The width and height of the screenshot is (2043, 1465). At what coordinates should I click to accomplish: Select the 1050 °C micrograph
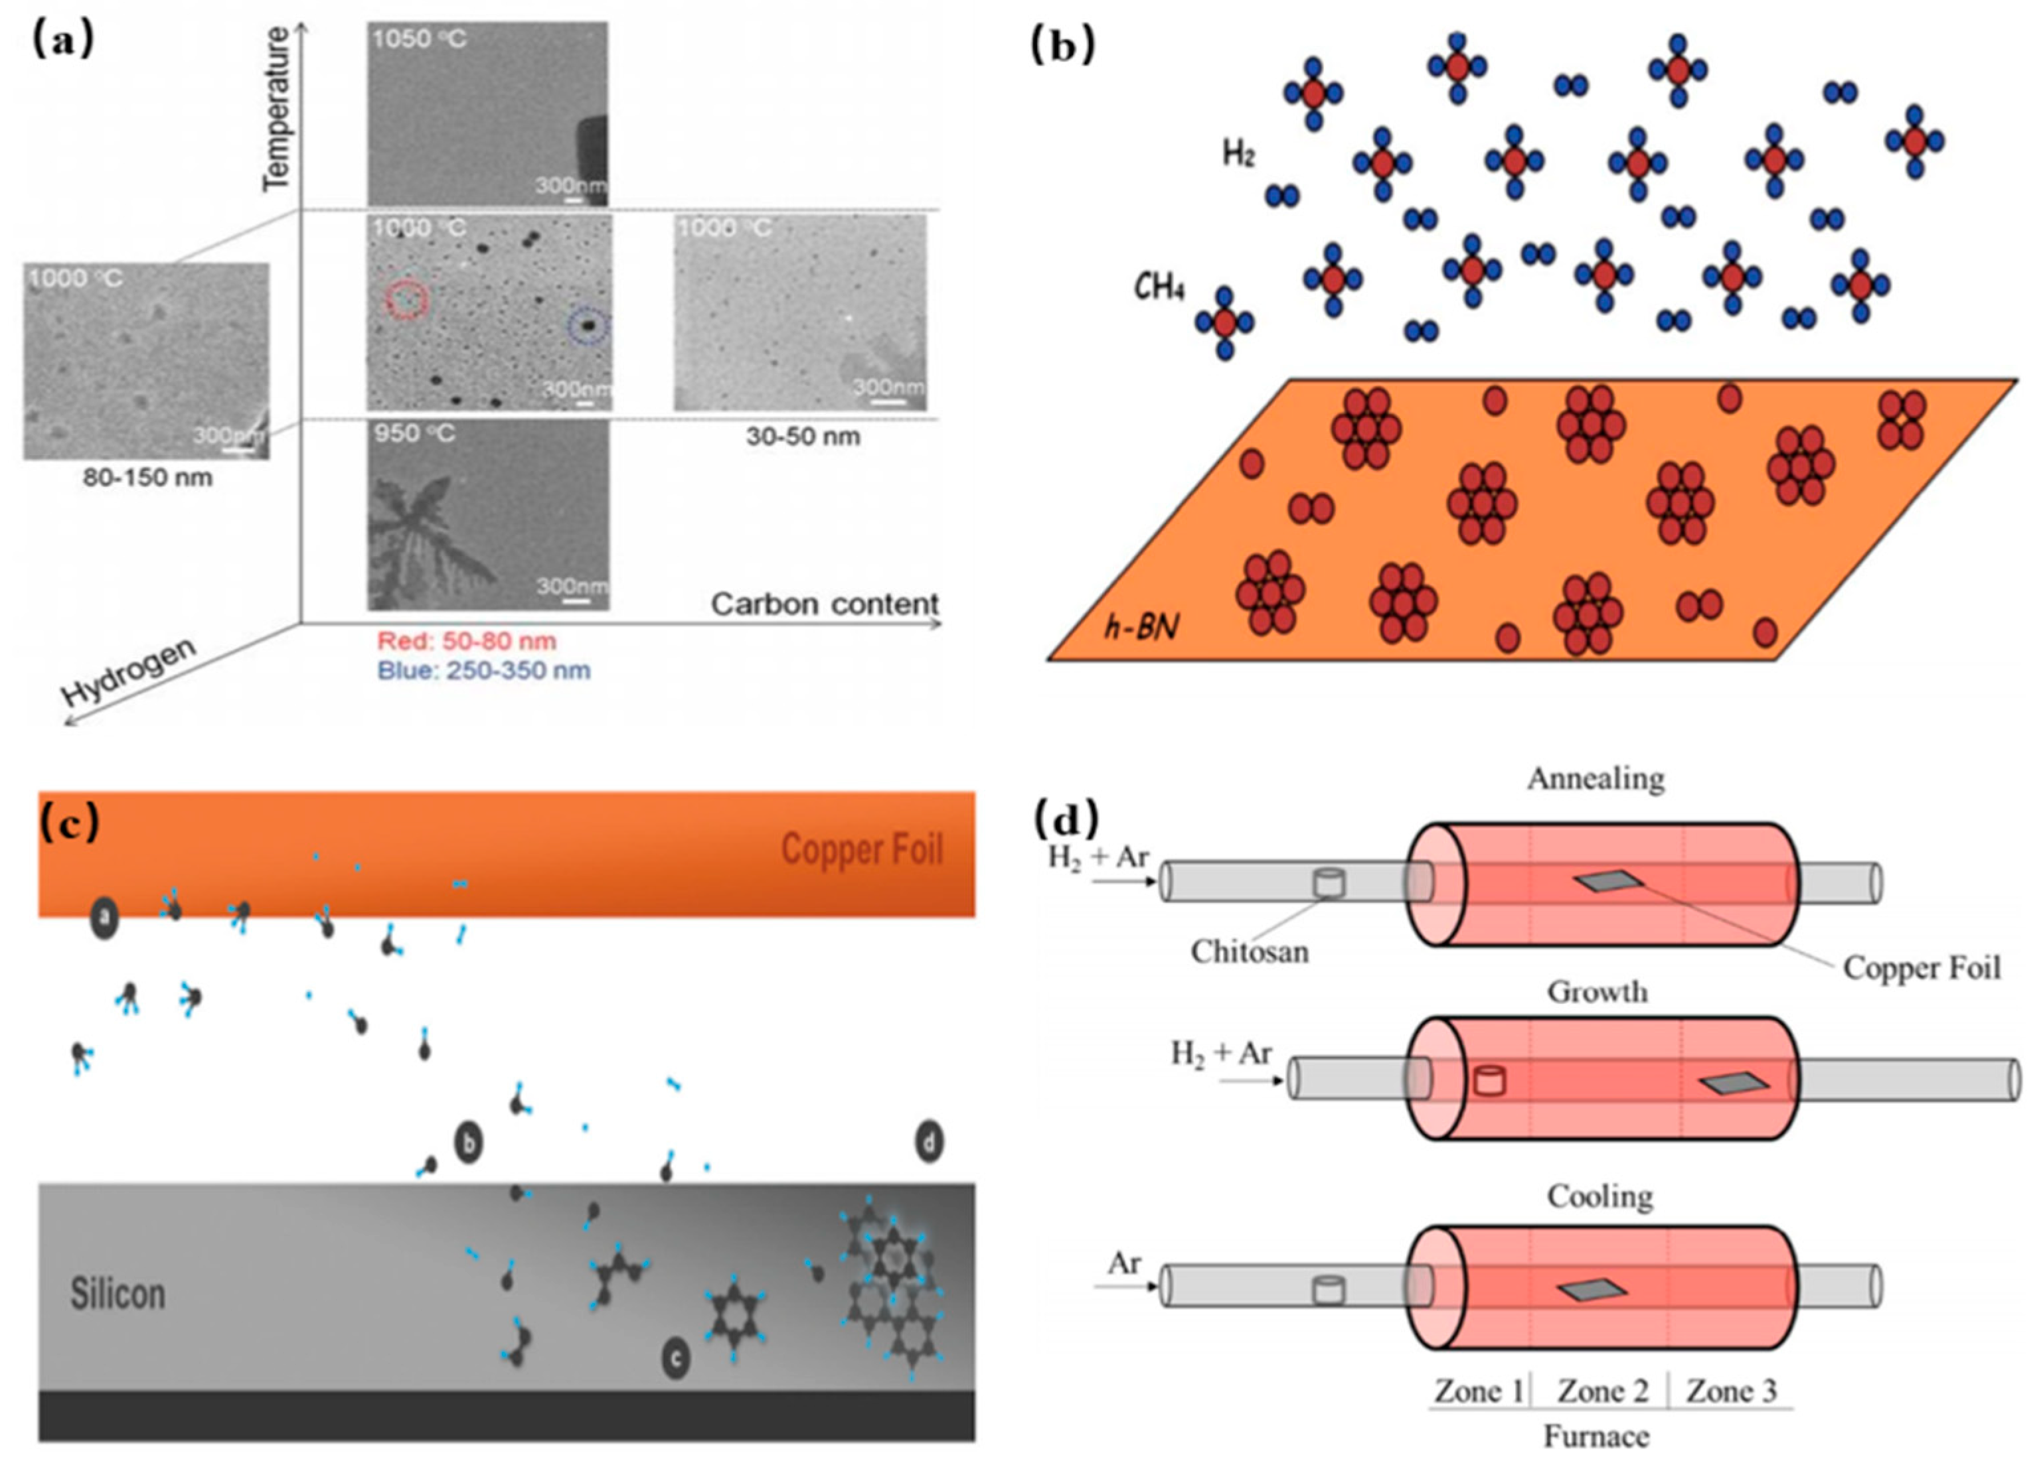pos(487,113)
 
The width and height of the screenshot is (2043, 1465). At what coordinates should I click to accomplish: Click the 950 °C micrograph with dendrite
pos(487,515)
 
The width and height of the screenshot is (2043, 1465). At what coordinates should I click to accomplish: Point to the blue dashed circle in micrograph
pos(588,328)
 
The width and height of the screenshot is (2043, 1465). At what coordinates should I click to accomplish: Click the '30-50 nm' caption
pos(803,437)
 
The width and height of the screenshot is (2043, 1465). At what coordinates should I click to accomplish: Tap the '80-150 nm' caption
pos(147,477)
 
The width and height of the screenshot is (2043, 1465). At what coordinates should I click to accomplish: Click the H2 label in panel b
pos(1238,154)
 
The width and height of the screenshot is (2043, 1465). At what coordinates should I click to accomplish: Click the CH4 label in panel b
pos(1159,288)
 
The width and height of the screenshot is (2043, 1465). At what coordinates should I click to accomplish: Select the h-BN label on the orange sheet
pos(1141,626)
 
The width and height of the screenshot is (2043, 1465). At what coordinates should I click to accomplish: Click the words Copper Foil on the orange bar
pos(861,849)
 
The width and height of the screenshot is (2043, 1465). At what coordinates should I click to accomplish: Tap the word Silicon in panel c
pos(118,1294)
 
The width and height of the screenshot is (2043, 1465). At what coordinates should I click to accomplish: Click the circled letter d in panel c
pos(929,1143)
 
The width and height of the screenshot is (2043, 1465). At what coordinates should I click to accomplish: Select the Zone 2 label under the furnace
pos(1603,1391)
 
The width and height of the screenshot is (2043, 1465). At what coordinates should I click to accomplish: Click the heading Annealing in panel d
pos(1595,779)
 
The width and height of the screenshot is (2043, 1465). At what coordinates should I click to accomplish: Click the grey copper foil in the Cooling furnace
pos(1592,1291)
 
